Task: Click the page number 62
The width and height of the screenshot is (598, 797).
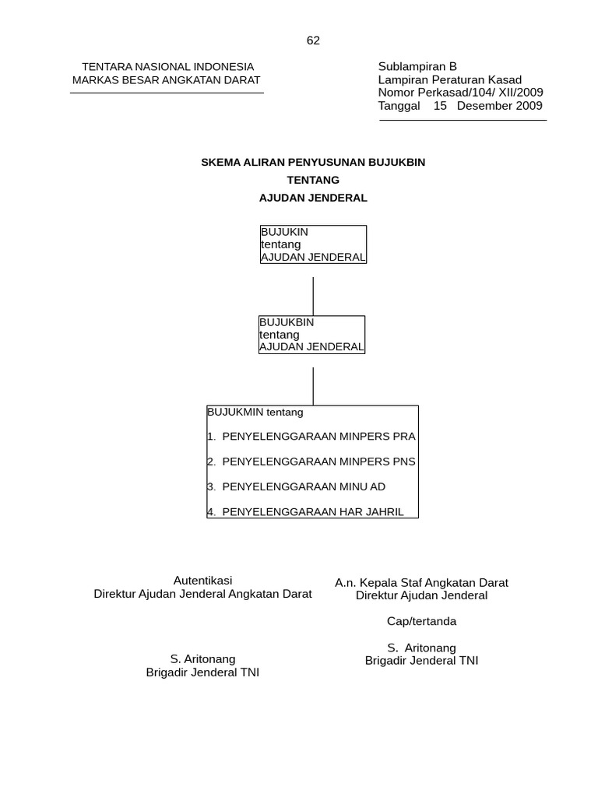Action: [x=313, y=40]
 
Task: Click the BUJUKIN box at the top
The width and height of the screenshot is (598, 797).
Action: [x=313, y=244]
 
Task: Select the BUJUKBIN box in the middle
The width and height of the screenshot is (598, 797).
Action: [x=311, y=335]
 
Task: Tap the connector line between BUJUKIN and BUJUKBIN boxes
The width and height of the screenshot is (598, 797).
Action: [x=313, y=296]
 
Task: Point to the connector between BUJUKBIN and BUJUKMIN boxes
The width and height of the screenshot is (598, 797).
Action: [x=313, y=386]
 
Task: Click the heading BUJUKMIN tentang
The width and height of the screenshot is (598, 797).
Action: [x=255, y=412]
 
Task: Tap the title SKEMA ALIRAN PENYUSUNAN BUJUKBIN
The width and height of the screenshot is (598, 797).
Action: [x=313, y=162]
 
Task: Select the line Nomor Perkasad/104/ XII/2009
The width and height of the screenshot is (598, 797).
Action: [x=460, y=93]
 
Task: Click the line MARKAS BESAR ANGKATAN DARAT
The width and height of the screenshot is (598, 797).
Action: [x=167, y=79]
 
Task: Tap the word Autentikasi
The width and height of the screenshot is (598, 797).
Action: [x=202, y=581]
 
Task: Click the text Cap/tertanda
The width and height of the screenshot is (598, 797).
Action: [x=422, y=621]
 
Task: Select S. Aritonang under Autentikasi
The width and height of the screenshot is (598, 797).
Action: [x=202, y=659]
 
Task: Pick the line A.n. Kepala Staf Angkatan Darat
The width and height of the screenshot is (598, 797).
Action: [x=421, y=582]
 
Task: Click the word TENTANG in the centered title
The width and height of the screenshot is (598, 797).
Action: [x=313, y=180]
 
